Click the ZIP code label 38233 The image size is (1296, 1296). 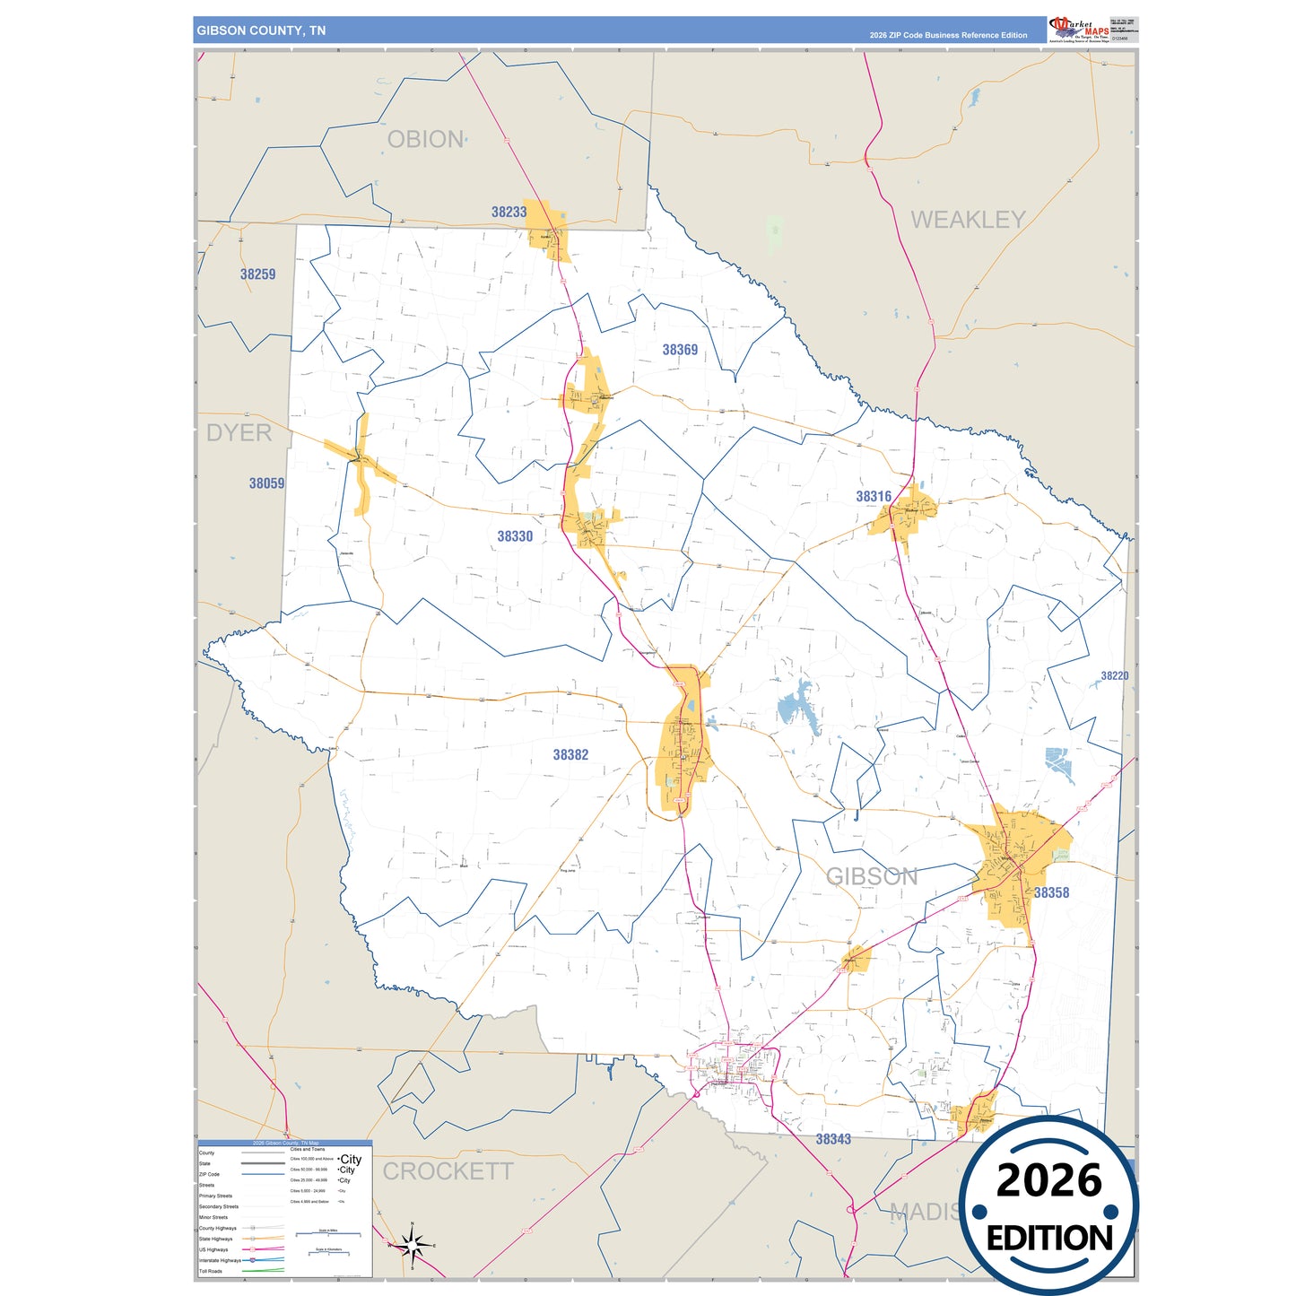(509, 213)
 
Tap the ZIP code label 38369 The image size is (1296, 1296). (680, 350)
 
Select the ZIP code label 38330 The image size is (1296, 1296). (515, 536)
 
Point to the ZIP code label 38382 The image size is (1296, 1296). (570, 755)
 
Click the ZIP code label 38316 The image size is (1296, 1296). (874, 497)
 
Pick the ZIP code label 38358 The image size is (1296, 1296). (1051, 892)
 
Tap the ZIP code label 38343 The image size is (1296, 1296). (833, 1139)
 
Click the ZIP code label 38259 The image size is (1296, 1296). (257, 274)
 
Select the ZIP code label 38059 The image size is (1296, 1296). (266, 483)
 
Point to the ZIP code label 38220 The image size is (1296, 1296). (1114, 676)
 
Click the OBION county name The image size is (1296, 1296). (425, 140)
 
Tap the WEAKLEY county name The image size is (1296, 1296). (968, 220)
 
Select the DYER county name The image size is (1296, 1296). (239, 432)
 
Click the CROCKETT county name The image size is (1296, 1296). (448, 1171)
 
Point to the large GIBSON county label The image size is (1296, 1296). (871, 876)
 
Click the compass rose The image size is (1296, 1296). (412, 1245)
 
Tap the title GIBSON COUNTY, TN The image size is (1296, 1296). (261, 30)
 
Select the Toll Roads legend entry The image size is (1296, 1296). (211, 1271)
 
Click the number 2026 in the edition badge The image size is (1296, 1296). (1048, 1180)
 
